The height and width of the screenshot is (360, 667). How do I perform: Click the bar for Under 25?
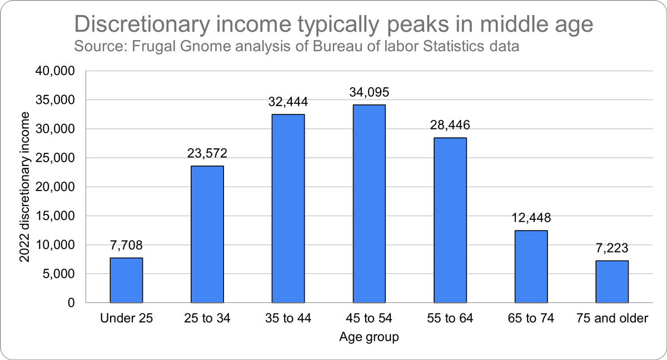126,280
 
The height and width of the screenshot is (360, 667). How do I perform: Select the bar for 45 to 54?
369,203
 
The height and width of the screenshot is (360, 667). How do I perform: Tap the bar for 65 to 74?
531,266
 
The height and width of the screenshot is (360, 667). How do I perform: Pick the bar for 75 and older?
612,282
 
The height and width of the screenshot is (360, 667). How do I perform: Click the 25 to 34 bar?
207,234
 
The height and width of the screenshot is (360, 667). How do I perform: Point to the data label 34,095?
369,92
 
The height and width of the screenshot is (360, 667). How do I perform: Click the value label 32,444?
288,102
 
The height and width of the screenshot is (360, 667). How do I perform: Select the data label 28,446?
450,125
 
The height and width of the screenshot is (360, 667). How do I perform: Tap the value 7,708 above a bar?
126,245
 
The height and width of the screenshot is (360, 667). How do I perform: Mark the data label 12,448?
531,218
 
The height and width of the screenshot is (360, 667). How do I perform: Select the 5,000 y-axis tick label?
60,274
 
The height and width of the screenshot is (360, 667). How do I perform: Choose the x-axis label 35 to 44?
288,318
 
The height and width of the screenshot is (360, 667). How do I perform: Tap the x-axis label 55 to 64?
450,318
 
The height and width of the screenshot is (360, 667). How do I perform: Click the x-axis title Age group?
369,337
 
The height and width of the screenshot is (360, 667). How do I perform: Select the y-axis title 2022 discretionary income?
24,187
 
